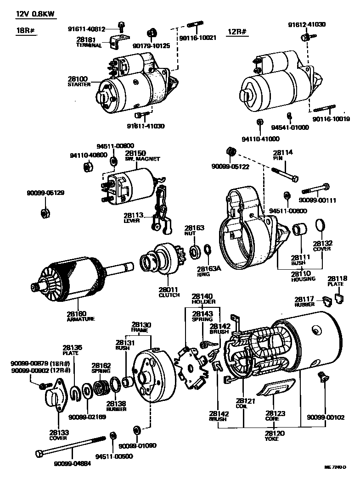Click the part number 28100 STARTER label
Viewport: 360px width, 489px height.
click(x=79, y=82)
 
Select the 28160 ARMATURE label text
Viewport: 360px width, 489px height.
click(x=81, y=316)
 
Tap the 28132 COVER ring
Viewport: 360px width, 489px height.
click(x=320, y=226)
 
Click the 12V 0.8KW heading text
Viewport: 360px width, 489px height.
click(x=35, y=14)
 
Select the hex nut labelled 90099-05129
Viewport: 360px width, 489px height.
click(x=45, y=212)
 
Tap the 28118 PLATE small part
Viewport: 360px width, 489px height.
click(x=339, y=298)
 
